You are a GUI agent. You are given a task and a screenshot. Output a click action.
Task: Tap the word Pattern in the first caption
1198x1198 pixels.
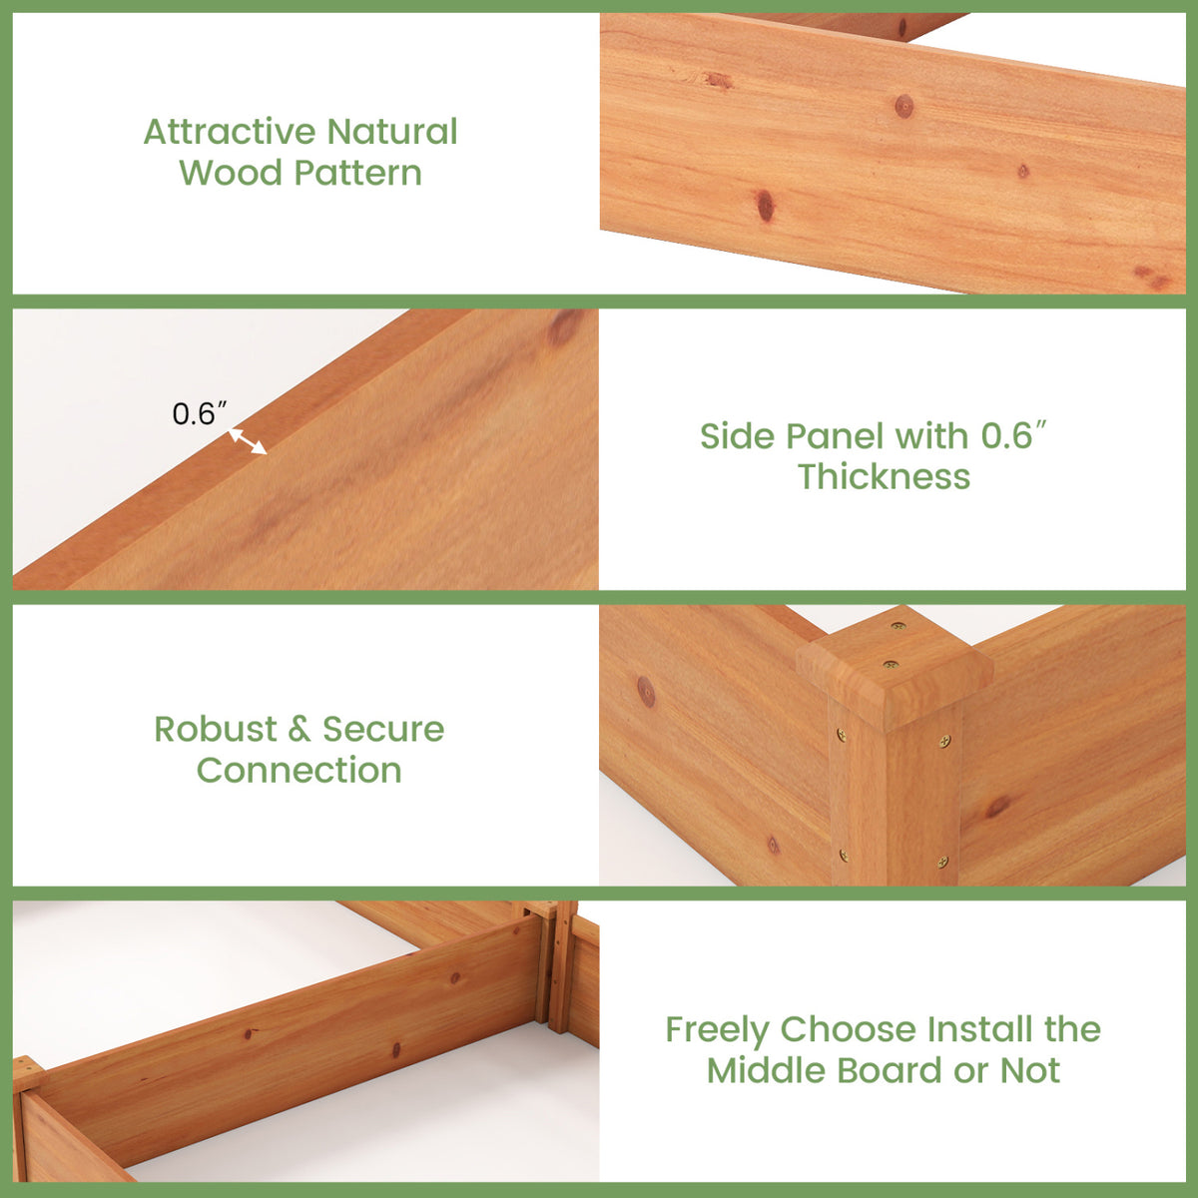click(357, 173)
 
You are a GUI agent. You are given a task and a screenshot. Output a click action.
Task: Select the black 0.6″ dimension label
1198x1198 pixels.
click(200, 414)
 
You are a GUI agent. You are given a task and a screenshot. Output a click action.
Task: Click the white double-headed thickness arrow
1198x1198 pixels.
click(248, 441)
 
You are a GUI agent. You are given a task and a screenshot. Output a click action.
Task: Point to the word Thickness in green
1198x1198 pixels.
click(885, 477)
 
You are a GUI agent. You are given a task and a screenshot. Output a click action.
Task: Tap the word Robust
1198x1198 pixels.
click(215, 729)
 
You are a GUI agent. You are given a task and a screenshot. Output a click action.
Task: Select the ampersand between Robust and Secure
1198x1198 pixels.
click(299, 729)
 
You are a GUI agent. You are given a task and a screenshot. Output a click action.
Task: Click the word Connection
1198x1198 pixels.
click(299, 771)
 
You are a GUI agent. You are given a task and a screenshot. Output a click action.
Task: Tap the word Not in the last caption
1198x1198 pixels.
click(1030, 1070)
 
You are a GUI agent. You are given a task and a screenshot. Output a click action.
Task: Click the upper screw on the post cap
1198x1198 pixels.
click(898, 626)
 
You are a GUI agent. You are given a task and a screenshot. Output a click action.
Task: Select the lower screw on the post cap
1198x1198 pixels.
click(891, 665)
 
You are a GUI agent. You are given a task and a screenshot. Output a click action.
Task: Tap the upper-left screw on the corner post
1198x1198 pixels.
click(842, 735)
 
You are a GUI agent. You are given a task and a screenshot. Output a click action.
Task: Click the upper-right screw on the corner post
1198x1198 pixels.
click(944, 741)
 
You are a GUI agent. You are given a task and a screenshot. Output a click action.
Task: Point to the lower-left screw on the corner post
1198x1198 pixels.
click(844, 856)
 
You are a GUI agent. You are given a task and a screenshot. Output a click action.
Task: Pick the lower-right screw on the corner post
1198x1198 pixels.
click(943, 861)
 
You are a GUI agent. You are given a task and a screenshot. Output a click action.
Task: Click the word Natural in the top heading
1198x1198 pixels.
click(392, 132)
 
